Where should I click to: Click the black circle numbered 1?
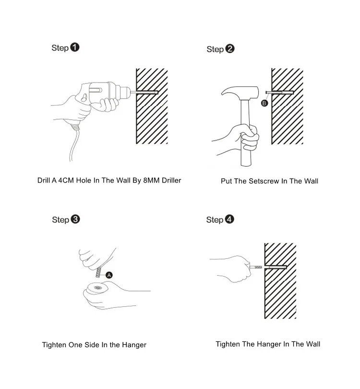pos(74,47)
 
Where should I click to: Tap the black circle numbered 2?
pos(229,49)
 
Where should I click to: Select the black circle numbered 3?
pos(75,219)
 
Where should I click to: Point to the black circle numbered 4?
pos(229,219)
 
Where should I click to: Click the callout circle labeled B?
pos(264,103)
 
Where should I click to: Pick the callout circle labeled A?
pos(109,275)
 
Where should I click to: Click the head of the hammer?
pos(240,93)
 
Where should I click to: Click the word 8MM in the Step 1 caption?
pos(151,181)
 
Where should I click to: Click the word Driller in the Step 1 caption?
pos(171,181)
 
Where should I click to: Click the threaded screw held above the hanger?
pos(99,272)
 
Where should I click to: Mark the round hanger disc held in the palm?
pos(97,289)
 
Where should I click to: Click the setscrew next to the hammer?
pos(280,93)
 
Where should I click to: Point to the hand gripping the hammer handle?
pos(245,138)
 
